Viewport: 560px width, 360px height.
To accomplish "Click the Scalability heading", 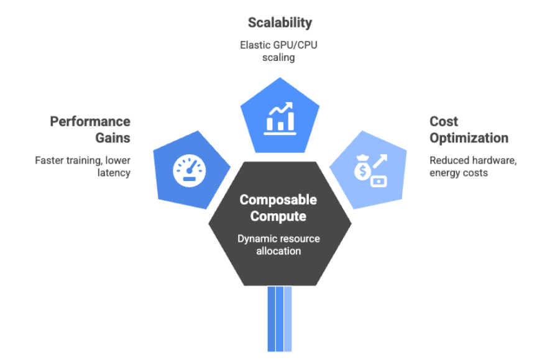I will pos(280,24).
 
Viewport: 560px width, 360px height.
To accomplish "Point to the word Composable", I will pos(278,200).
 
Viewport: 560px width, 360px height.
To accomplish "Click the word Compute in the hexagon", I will pos(278,216).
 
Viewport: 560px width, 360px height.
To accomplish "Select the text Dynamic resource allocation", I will pos(278,244).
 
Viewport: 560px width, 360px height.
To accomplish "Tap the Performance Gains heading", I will pos(90,129).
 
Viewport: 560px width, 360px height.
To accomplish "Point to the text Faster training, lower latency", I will pos(83,166).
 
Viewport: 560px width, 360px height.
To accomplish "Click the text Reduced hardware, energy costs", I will pos(473,166).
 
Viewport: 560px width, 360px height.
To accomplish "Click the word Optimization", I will pos(469,137).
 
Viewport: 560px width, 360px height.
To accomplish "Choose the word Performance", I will pos(90,121).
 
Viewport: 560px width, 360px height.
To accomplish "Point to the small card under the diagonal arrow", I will pos(379,182).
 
